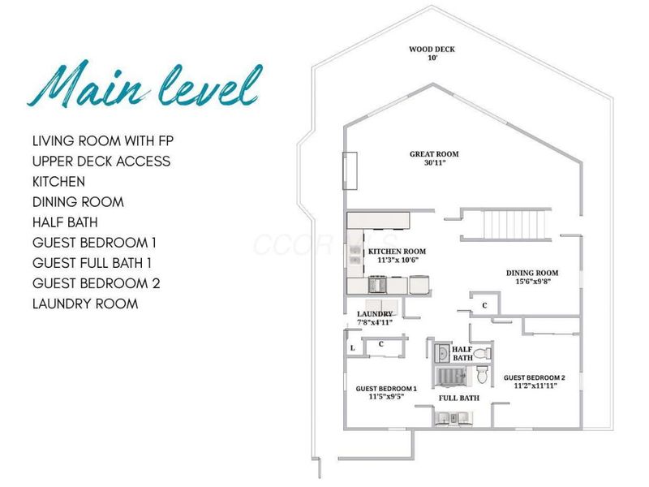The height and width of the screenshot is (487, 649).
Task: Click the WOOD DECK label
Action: [x=432, y=50]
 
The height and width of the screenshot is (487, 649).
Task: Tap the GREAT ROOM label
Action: [x=434, y=154]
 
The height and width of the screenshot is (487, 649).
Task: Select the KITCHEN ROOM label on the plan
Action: [x=397, y=252]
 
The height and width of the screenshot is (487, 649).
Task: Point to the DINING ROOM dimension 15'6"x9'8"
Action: [x=532, y=282]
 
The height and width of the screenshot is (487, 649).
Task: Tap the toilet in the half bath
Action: [x=482, y=354]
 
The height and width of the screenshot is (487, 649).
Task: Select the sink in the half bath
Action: [x=441, y=353]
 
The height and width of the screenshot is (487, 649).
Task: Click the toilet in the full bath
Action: [x=483, y=375]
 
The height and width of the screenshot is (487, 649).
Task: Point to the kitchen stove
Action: [x=377, y=285]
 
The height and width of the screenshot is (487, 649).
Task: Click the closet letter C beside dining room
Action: [x=484, y=306]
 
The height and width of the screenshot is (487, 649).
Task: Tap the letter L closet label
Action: [x=352, y=348]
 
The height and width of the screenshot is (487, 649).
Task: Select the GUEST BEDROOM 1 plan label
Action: [x=386, y=389]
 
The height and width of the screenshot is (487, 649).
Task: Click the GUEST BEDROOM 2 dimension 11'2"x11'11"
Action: [x=535, y=386]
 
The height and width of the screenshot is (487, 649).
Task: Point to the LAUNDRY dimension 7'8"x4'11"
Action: [x=375, y=322]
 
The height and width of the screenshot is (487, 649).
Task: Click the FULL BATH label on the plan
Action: [x=459, y=398]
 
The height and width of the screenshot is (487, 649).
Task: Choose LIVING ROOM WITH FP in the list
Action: [x=103, y=140]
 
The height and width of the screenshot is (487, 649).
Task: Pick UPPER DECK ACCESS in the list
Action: [x=101, y=161]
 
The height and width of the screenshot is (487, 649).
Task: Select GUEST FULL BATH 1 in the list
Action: [x=92, y=263]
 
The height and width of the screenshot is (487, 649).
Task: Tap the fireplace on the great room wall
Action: [x=350, y=170]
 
